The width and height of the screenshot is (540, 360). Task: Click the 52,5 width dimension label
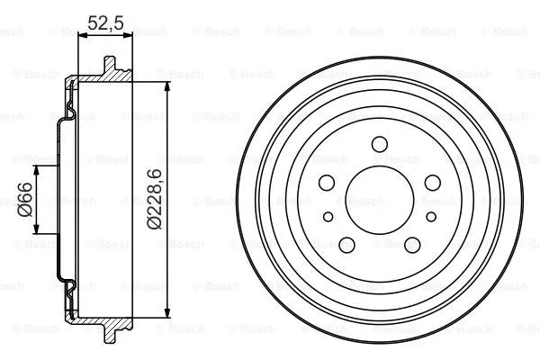tap(106, 24)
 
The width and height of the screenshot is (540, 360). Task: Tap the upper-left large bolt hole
tap(327, 183)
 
